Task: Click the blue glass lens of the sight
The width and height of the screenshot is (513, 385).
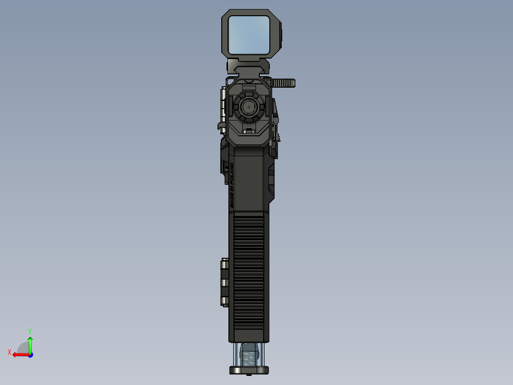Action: click(x=248, y=34)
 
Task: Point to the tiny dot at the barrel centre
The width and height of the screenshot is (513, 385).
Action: click(x=248, y=107)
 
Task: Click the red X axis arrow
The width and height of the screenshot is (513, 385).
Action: click(x=19, y=355)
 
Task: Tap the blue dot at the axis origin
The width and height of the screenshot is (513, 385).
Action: click(x=30, y=355)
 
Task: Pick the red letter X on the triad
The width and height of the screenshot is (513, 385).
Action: click(x=9, y=352)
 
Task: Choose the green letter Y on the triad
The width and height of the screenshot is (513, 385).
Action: click(x=30, y=331)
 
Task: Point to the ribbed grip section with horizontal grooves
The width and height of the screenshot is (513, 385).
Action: click(x=248, y=272)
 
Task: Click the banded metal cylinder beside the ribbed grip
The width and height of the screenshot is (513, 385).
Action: click(x=224, y=282)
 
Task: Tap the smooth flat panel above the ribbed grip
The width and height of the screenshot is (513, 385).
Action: click(x=248, y=179)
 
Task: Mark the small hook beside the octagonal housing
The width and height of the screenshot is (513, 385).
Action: click(x=219, y=126)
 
